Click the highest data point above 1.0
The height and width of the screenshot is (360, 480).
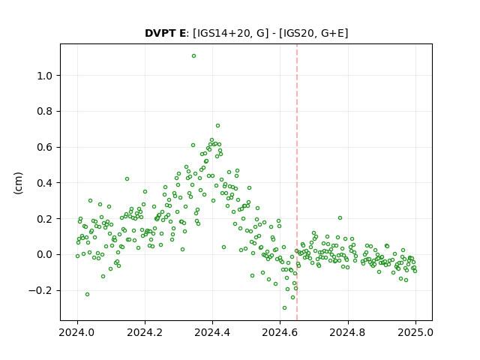point(193,55)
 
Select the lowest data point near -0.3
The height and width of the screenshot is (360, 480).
point(284,307)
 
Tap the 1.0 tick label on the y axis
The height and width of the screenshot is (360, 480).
point(45,76)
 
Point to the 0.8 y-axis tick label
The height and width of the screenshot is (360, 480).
point(45,112)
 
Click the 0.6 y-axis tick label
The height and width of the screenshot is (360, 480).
point(45,147)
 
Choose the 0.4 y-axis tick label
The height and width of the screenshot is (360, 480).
point(45,183)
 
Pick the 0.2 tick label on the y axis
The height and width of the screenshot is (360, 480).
point(45,219)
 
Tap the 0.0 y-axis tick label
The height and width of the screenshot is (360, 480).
point(45,255)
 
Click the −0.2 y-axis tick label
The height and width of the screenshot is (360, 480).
point(40,290)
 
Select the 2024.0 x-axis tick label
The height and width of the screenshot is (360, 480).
point(77,332)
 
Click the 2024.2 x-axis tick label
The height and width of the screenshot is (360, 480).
point(145,332)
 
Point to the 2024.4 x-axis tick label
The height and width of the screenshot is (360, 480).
point(212,332)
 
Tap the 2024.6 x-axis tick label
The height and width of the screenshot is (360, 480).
point(280,332)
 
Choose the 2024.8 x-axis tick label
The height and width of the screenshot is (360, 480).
point(348,332)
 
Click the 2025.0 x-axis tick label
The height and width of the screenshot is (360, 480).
point(415,332)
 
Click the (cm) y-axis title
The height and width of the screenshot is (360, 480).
point(18,183)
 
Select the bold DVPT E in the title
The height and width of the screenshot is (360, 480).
point(165,33)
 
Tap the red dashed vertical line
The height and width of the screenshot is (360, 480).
point(297,182)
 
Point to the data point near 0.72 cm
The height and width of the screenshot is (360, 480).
point(217,125)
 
